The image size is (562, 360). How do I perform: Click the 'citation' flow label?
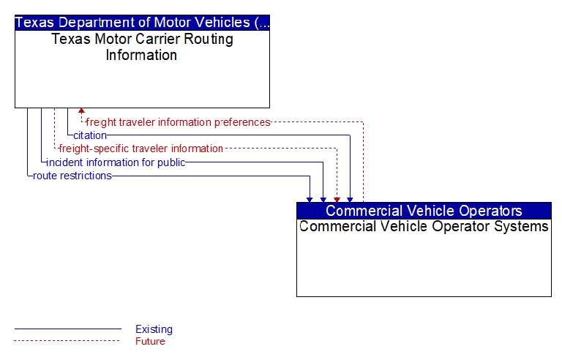(x=90, y=135)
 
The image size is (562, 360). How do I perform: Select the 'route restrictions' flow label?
(x=72, y=176)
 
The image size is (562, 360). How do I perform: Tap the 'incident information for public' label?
(x=116, y=162)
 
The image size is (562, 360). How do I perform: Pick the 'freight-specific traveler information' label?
(x=140, y=149)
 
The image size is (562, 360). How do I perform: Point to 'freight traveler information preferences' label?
(x=178, y=122)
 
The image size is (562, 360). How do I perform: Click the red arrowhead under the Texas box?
(x=81, y=110)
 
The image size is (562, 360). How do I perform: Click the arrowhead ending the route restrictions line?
(x=310, y=200)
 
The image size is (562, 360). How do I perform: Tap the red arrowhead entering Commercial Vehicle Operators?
(x=337, y=200)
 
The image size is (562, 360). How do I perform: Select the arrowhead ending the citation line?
(x=350, y=200)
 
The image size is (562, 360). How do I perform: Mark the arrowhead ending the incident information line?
(x=323, y=200)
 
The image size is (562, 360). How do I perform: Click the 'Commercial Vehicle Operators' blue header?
(x=424, y=211)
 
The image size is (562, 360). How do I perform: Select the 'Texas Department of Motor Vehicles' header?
(x=142, y=23)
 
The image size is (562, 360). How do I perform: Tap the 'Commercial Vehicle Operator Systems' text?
(x=424, y=227)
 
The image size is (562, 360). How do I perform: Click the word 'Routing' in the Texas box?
(x=209, y=40)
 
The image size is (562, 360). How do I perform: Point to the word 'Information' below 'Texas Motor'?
(x=141, y=55)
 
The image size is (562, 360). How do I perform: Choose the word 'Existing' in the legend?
(x=154, y=329)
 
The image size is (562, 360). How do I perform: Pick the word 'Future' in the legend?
(x=150, y=341)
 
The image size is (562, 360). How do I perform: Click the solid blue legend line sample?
(x=68, y=329)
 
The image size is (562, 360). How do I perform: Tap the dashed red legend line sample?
(x=68, y=341)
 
